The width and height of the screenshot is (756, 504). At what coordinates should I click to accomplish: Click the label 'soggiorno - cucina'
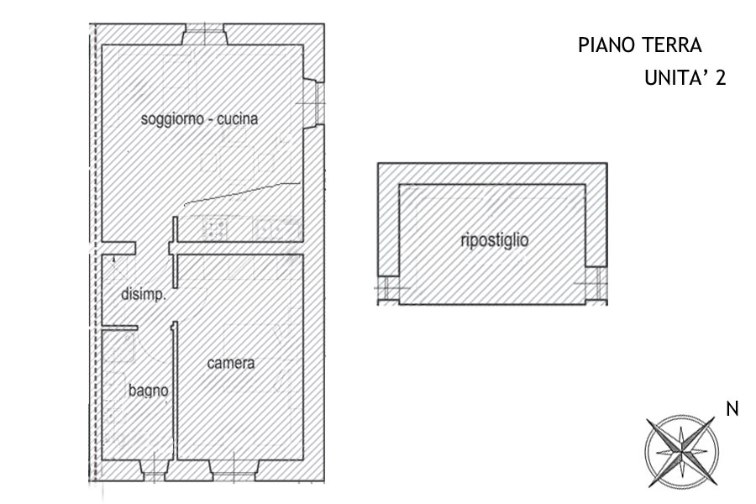pyautogui.click(x=199, y=118)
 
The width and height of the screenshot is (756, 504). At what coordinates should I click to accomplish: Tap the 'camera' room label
pyautogui.click(x=230, y=363)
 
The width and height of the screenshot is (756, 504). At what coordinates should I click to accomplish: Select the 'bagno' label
pyautogui.click(x=148, y=391)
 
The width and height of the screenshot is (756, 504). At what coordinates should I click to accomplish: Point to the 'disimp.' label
pyautogui.click(x=143, y=294)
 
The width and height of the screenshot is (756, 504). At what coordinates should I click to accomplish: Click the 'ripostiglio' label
pyautogui.click(x=494, y=240)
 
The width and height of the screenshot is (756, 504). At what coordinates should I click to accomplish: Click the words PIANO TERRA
pyautogui.click(x=640, y=45)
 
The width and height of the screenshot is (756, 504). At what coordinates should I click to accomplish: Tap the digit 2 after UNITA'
pyautogui.click(x=721, y=77)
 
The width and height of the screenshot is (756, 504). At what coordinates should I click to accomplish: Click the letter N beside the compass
pyautogui.click(x=732, y=409)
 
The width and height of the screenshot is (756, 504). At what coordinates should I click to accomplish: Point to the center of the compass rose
pyautogui.click(x=681, y=452)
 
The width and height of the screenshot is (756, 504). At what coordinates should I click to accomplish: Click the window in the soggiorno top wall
pyautogui.click(x=205, y=34)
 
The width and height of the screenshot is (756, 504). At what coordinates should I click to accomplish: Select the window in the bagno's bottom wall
pyautogui.click(x=155, y=470)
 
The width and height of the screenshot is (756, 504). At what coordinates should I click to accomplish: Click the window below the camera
pyautogui.click(x=234, y=470)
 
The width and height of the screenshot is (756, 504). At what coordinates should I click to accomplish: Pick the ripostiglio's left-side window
pyautogui.click(x=389, y=289)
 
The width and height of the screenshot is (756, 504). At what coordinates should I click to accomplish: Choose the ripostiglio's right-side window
pyautogui.click(x=596, y=285)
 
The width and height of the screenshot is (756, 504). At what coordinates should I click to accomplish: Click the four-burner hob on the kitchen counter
pyautogui.click(x=215, y=228)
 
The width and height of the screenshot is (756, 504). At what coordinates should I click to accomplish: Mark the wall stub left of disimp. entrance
pyautogui.click(x=118, y=249)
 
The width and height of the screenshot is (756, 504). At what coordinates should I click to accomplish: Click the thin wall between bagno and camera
pyautogui.click(x=175, y=391)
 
